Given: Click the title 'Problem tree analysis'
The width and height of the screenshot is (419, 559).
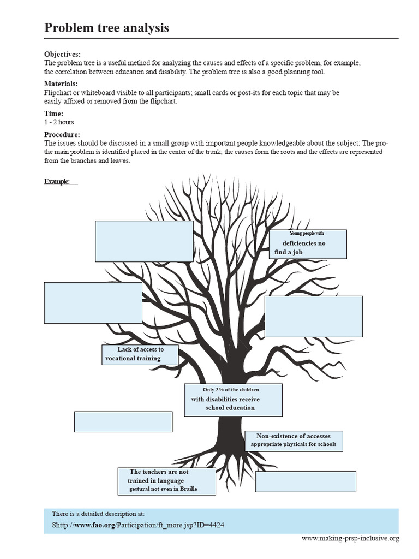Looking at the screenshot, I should (106, 28).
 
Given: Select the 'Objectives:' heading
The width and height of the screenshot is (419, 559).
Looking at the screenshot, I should (62, 55).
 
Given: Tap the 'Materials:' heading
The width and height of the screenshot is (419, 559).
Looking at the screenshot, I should (61, 84).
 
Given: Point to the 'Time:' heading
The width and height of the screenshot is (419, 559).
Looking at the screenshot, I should (53, 114).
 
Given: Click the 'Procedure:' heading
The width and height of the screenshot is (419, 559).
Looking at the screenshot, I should (62, 135).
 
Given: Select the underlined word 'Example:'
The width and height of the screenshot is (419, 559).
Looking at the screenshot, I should (57, 181).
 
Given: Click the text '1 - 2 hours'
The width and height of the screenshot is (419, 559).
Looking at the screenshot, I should (59, 122).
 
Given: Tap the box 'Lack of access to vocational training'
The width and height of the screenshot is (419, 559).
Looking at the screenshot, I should (140, 354).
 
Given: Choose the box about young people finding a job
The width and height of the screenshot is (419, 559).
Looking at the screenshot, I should (308, 244).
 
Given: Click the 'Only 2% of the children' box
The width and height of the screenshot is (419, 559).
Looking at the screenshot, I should (233, 400).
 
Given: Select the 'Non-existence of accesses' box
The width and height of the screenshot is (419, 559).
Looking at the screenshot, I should (294, 441).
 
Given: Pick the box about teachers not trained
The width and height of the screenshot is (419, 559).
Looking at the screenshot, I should (166, 481).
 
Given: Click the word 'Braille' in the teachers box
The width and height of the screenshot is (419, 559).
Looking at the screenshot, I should (188, 489).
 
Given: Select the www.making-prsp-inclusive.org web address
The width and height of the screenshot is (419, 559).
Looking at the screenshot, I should (350, 539).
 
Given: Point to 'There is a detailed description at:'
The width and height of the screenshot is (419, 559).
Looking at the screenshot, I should (98, 514).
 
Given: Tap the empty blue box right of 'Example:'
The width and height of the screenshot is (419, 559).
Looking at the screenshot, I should (144, 241).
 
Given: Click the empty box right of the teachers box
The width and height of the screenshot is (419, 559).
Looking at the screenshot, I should (306, 481).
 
